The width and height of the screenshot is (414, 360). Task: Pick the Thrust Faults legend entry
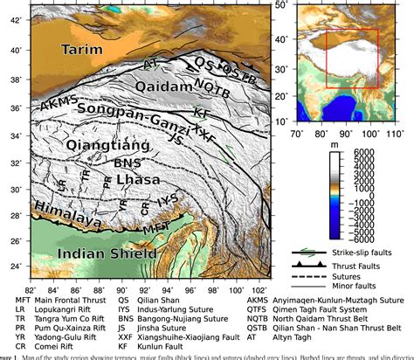349,263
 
